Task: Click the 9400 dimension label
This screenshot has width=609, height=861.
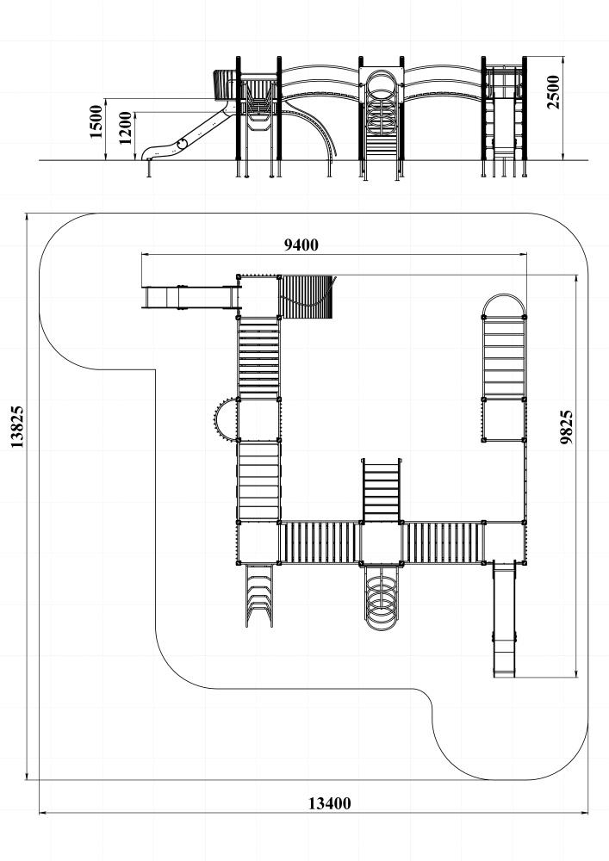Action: (x=301, y=245)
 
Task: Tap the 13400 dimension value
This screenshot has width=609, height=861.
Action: (x=329, y=803)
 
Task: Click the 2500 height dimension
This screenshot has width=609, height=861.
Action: (x=553, y=92)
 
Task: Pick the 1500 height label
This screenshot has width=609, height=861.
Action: (x=96, y=121)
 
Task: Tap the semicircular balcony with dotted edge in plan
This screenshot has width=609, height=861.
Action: (x=225, y=419)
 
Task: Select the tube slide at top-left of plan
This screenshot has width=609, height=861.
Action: (x=190, y=296)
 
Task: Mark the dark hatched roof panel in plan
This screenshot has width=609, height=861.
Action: (x=305, y=296)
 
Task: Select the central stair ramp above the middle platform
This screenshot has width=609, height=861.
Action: (x=382, y=490)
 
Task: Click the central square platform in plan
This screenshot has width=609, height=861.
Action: (x=382, y=542)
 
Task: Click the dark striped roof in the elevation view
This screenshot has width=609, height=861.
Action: (x=224, y=85)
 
